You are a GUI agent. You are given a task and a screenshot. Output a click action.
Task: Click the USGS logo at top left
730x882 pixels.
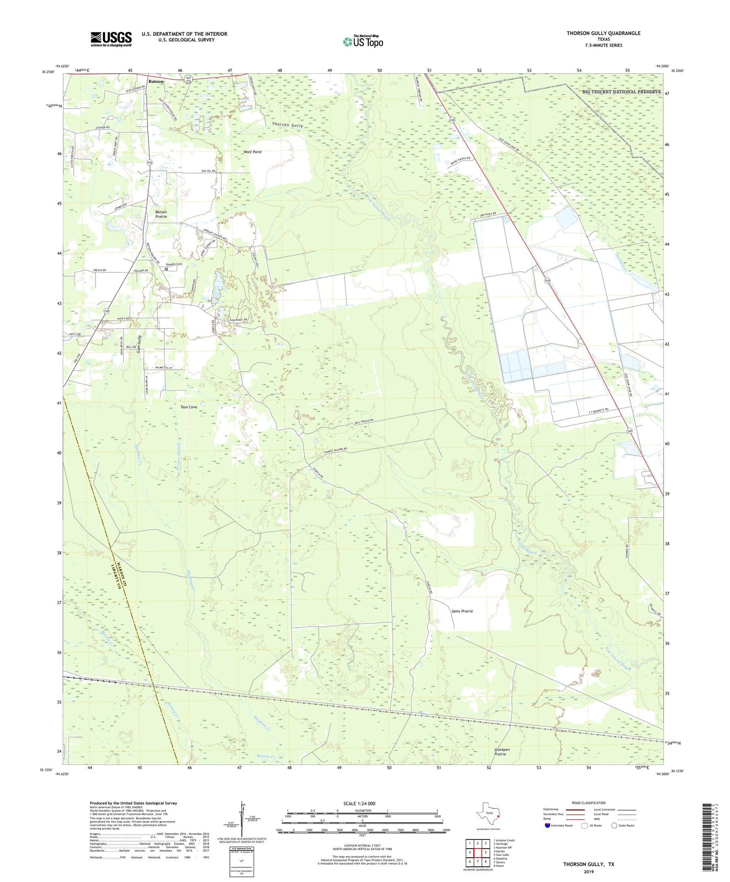click(111, 38)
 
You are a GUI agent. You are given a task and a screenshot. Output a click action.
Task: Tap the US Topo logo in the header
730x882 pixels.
click(363, 41)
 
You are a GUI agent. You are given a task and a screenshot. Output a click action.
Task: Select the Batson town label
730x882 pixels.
click(156, 81)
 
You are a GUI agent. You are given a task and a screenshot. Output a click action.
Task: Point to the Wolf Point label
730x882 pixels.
click(253, 152)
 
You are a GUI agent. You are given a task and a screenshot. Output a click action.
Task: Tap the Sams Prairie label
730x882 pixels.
click(462, 611)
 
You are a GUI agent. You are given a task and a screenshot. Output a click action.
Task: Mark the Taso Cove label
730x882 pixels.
click(189, 407)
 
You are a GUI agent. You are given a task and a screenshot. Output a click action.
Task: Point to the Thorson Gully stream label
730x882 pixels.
click(287, 124)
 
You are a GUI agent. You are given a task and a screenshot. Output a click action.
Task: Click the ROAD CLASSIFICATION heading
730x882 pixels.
click(589, 803)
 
